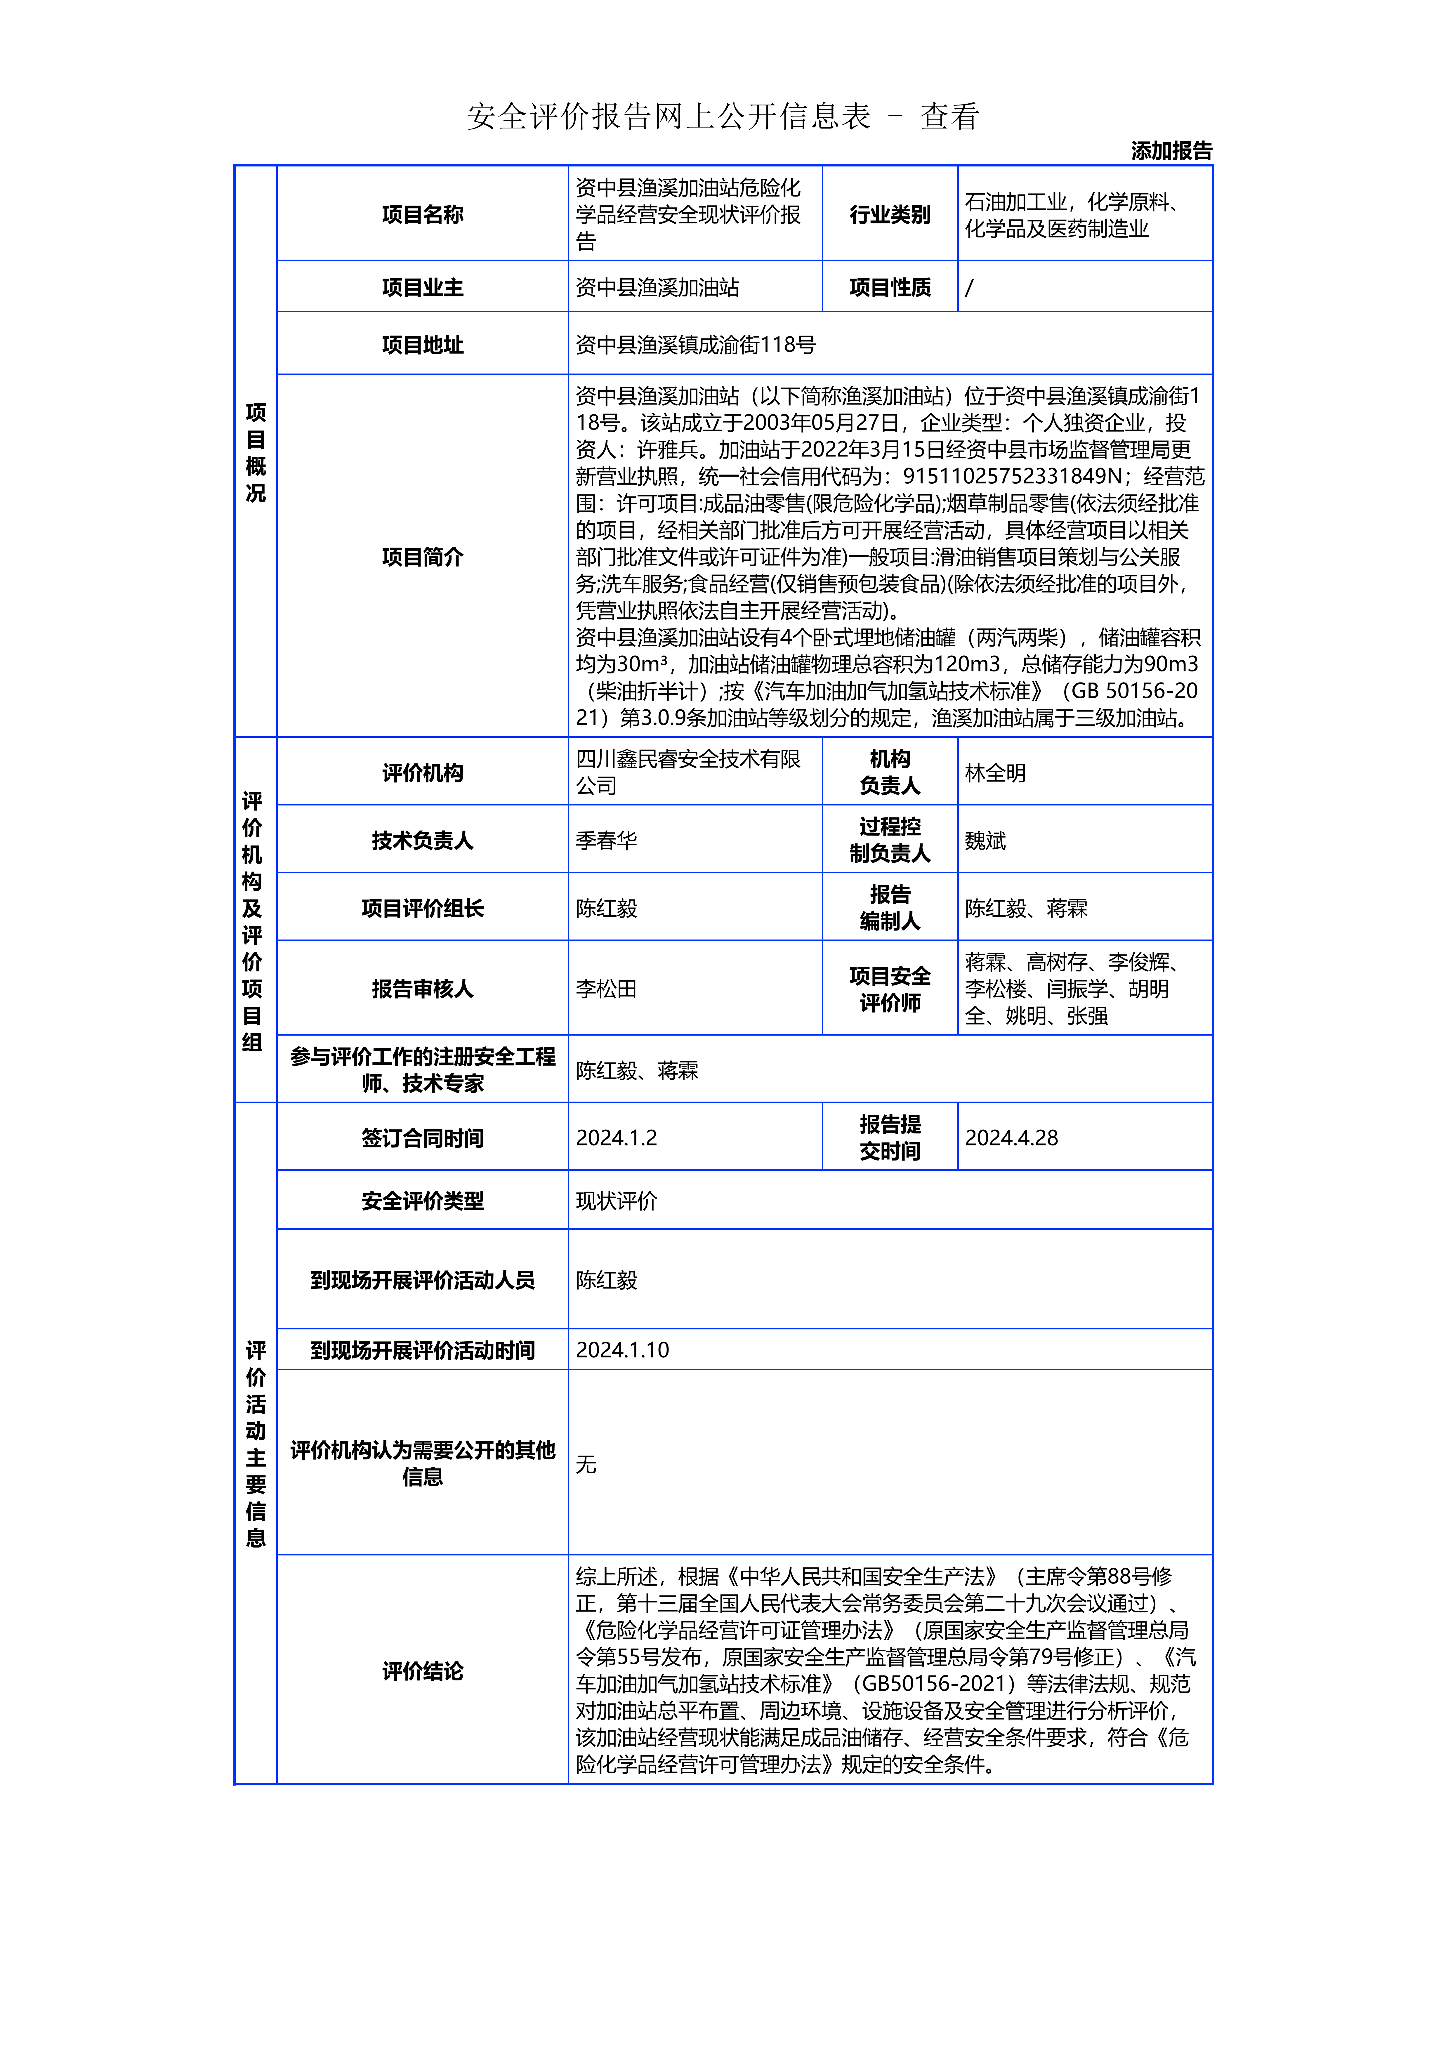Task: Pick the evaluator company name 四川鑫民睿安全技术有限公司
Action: pyautogui.click(x=687, y=772)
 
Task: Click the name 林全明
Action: pyautogui.click(x=995, y=773)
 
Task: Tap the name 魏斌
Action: pyautogui.click(x=985, y=841)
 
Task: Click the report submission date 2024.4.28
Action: pyautogui.click(x=1011, y=1138)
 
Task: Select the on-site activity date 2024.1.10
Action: pyautogui.click(x=622, y=1350)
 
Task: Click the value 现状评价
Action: pyautogui.click(x=616, y=1201)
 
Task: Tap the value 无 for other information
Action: pyautogui.click(x=586, y=1464)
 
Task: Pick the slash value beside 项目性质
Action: pyautogui.click(x=970, y=287)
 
